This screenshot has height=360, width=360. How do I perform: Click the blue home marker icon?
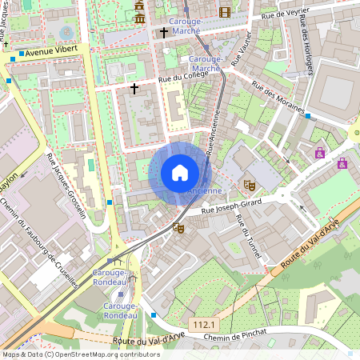point(180,173)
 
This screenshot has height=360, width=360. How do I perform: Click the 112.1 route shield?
point(203,324)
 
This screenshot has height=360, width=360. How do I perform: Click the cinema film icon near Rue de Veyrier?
point(224,11)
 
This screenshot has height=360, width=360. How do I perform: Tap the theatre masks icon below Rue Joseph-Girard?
point(178,228)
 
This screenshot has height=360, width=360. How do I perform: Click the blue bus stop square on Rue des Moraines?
point(307,116)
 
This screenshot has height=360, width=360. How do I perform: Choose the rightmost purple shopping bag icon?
point(342,163)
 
